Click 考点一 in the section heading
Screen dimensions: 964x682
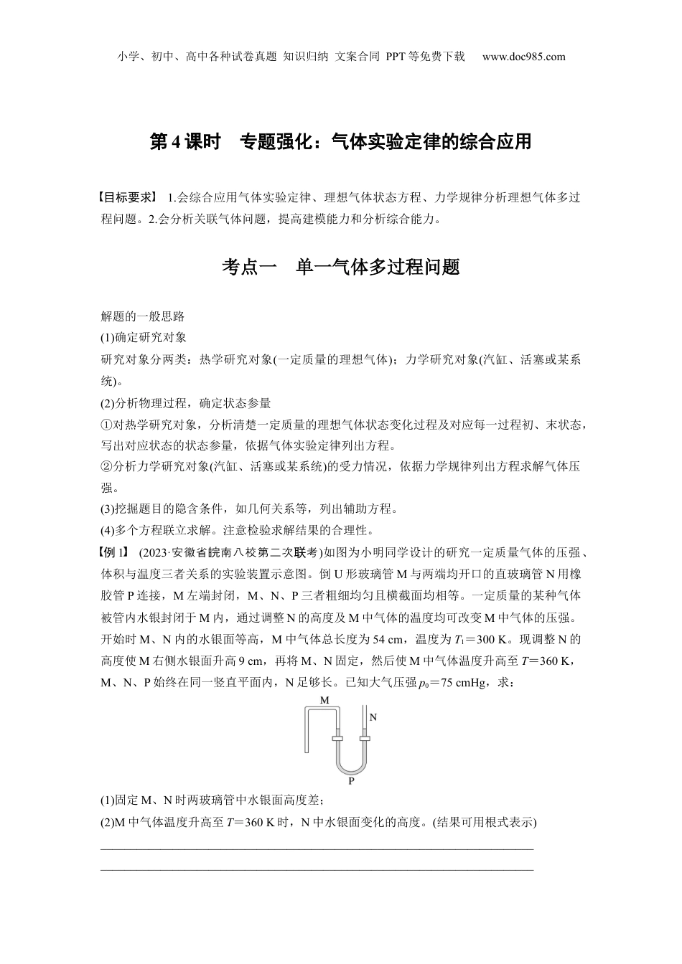(248, 268)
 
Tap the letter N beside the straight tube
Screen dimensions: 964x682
(373, 717)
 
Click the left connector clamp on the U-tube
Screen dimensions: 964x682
(337, 737)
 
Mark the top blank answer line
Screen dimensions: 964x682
(317, 849)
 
